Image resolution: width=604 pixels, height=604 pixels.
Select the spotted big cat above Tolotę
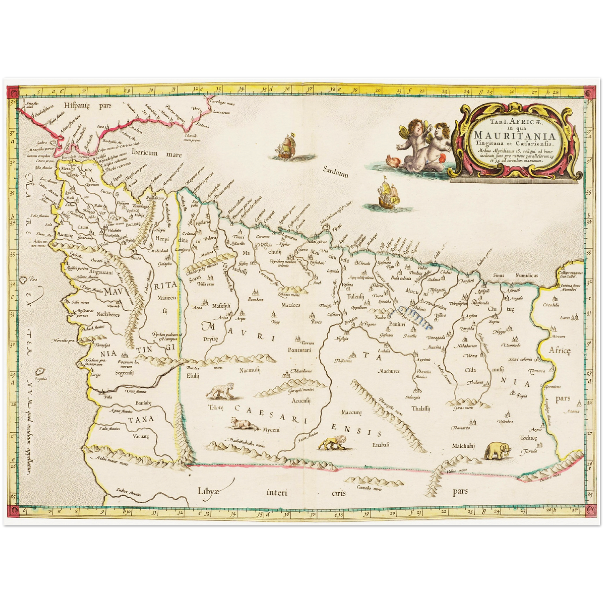tap(220, 392)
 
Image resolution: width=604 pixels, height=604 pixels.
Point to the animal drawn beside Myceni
tap(244, 424)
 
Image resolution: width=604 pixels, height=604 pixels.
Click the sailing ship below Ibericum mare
tap(286, 146)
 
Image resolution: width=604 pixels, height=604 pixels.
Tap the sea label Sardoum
tap(335, 172)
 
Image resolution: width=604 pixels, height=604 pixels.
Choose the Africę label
tap(560, 350)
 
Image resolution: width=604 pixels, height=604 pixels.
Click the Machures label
tap(388, 371)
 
